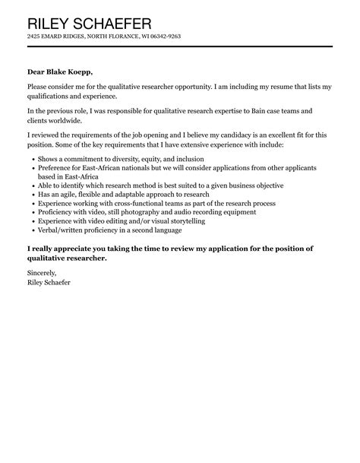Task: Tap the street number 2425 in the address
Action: point(33,36)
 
